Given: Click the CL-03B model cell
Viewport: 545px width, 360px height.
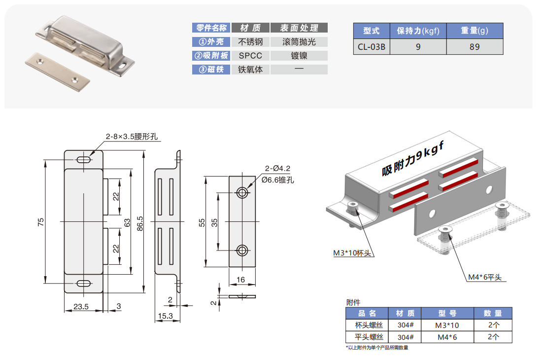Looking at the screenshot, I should [x=372, y=47].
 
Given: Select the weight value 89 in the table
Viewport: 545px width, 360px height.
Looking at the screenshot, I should [x=475, y=47].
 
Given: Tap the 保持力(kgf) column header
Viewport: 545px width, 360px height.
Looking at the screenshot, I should [x=418, y=31].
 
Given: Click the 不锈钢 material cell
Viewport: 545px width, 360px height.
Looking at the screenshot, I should [x=250, y=42].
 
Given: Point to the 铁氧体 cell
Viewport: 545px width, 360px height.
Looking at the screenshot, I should [x=250, y=70].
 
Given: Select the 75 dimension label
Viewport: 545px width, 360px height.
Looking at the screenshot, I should [x=41, y=222].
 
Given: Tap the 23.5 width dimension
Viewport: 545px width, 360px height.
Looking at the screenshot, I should [x=81, y=307].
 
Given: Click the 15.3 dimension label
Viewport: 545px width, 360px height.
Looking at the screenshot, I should [x=165, y=316].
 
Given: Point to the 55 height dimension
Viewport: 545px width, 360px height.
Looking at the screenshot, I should [x=202, y=222].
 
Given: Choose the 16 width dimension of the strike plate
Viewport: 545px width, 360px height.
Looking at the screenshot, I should [x=241, y=280].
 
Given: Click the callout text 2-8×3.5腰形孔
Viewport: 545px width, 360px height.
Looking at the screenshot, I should [x=132, y=137].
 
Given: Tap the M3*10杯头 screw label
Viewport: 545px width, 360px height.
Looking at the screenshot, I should [x=351, y=253].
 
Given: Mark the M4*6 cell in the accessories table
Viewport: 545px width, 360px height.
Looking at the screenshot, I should [x=446, y=338].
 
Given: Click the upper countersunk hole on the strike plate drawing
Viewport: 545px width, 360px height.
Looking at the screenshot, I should [x=242, y=192].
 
